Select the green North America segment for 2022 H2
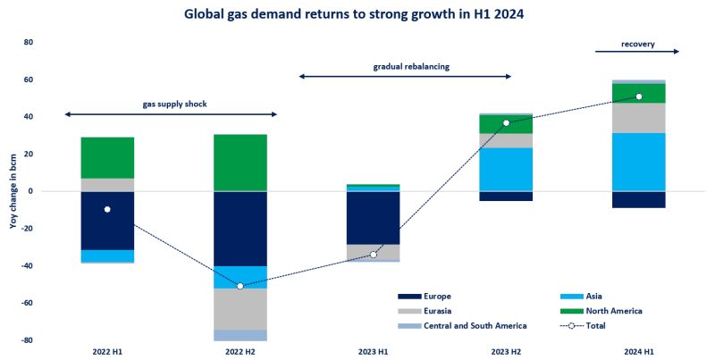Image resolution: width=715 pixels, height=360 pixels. pyautogui.click(x=240, y=163)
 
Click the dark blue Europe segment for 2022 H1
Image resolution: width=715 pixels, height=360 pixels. pyautogui.click(x=107, y=221)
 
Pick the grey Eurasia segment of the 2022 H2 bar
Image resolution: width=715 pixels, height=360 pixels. pyautogui.click(x=240, y=309)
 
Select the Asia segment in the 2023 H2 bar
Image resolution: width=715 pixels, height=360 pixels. pyautogui.click(x=505, y=170)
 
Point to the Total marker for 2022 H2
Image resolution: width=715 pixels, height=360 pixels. pyautogui.click(x=240, y=286)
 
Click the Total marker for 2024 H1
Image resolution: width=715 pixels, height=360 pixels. pyautogui.click(x=638, y=96)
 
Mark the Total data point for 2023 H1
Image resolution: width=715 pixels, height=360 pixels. pyautogui.click(x=373, y=255)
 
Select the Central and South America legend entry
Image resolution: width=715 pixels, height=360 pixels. pyautogui.click(x=466, y=326)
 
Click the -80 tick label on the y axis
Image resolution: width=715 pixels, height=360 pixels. pyautogui.click(x=27, y=340)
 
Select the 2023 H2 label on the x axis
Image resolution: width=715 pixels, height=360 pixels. pyautogui.click(x=505, y=351)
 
